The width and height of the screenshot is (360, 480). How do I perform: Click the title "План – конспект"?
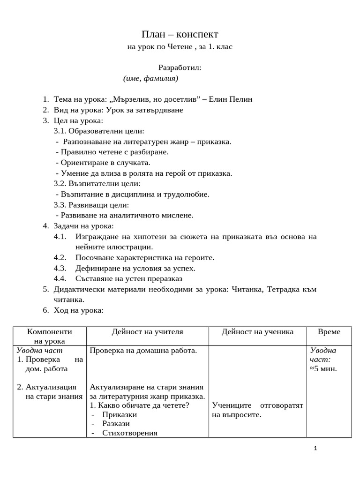pyautogui.click(x=180, y=35)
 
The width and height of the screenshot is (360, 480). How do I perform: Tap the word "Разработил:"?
pyautogui.click(x=180, y=67)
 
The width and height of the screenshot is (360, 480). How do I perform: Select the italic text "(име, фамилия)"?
pyautogui.click(x=150, y=78)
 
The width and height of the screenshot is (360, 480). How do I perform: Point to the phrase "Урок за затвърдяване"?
pyautogui.click(x=144, y=110)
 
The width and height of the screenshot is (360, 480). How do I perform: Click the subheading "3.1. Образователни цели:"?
pyautogui.click(x=99, y=131)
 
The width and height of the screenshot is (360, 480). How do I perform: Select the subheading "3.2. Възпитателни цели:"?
pyautogui.click(x=97, y=184)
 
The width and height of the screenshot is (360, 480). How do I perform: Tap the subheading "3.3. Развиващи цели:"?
pyautogui.click(x=91, y=205)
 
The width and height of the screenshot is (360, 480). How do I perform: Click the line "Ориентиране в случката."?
pyautogui.click(x=105, y=163)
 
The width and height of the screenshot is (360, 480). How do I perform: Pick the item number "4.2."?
pyautogui.click(x=60, y=258)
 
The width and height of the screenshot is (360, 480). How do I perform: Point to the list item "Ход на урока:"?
pyautogui.click(x=78, y=310)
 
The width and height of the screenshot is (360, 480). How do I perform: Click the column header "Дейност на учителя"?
pyautogui.click(x=147, y=332)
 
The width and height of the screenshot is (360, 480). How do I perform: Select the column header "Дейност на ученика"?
pyautogui.click(x=257, y=332)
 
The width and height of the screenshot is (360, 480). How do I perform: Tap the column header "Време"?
pyautogui.click(x=329, y=332)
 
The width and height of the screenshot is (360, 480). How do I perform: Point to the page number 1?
pyautogui.click(x=315, y=449)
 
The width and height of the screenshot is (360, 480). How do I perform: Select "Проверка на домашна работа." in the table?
pyautogui.click(x=143, y=351)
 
